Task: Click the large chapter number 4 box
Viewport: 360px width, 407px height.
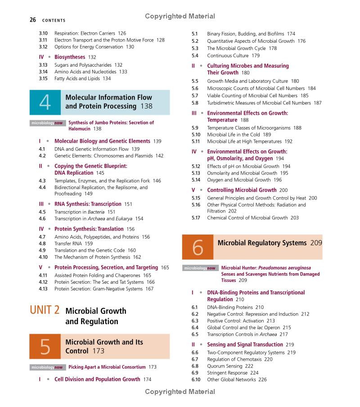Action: [45, 102]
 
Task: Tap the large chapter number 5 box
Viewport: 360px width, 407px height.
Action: [45, 347]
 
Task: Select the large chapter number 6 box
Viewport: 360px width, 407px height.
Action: [198, 247]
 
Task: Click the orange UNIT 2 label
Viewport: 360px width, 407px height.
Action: [45, 310]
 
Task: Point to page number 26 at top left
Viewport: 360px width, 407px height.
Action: [33, 20]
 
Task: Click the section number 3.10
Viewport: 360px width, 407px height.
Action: [43, 33]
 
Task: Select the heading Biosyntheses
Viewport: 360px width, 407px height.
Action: [70, 57]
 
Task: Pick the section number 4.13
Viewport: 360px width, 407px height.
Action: [43, 289]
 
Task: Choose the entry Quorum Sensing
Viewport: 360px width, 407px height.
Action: [224, 366]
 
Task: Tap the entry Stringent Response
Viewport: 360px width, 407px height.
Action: [227, 373]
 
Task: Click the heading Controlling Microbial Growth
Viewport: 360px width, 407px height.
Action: [242, 190]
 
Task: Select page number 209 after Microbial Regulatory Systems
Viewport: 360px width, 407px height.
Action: [316, 243]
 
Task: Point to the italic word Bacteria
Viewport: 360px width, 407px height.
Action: [96, 212]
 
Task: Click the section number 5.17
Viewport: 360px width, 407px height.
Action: [196, 218]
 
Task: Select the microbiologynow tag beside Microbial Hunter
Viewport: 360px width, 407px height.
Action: [201, 268]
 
